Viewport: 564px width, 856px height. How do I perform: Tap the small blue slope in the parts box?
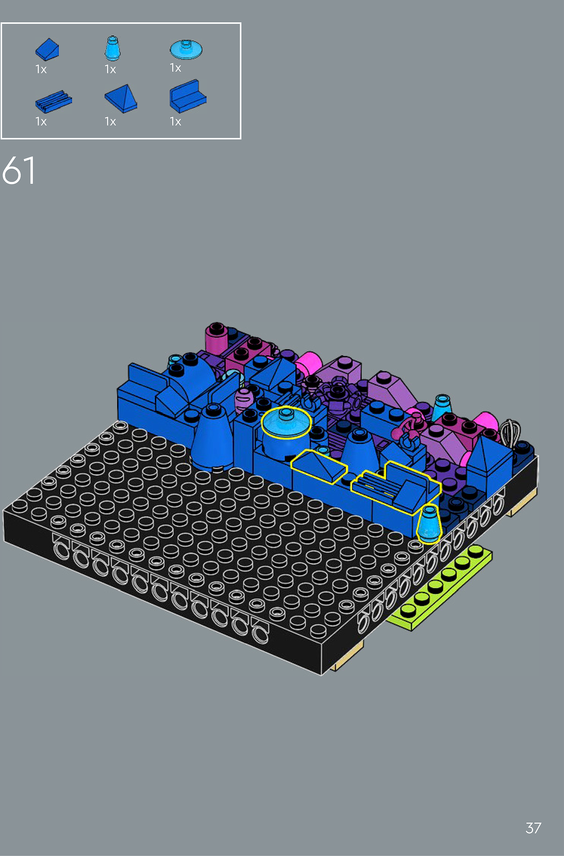(x=47, y=49)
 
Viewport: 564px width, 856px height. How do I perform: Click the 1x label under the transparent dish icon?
(x=175, y=68)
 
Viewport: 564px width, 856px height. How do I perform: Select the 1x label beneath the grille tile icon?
(x=41, y=122)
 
